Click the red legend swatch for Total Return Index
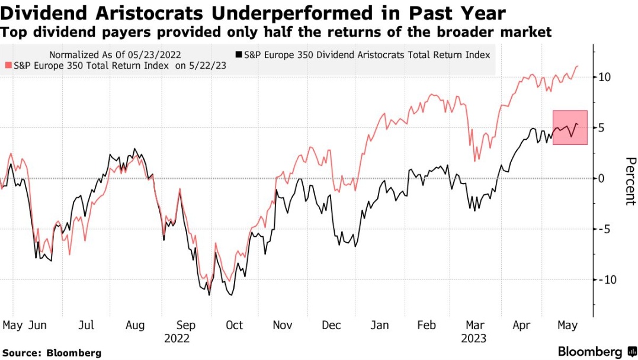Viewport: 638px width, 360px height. (x=8, y=66)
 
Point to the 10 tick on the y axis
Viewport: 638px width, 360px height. (x=605, y=77)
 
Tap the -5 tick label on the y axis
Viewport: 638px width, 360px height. (x=605, y=229)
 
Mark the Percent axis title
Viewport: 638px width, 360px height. (x=630, y=181)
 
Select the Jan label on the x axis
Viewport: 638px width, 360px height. (x=380, y=325)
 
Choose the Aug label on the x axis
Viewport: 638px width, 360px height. (x=136, y=325)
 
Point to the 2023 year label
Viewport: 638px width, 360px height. (x=473, y=339)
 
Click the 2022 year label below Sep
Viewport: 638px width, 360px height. (x=177, y=339)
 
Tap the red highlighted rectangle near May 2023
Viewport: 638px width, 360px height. (x=570, y=127)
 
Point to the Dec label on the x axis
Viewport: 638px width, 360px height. (x=331, y=325)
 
